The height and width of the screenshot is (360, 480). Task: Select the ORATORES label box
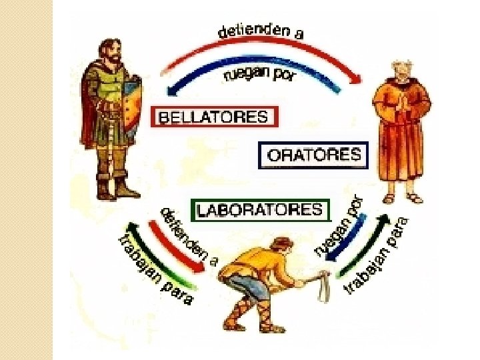[x=313, y=157]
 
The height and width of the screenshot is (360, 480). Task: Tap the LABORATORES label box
[x=261, y=210]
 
